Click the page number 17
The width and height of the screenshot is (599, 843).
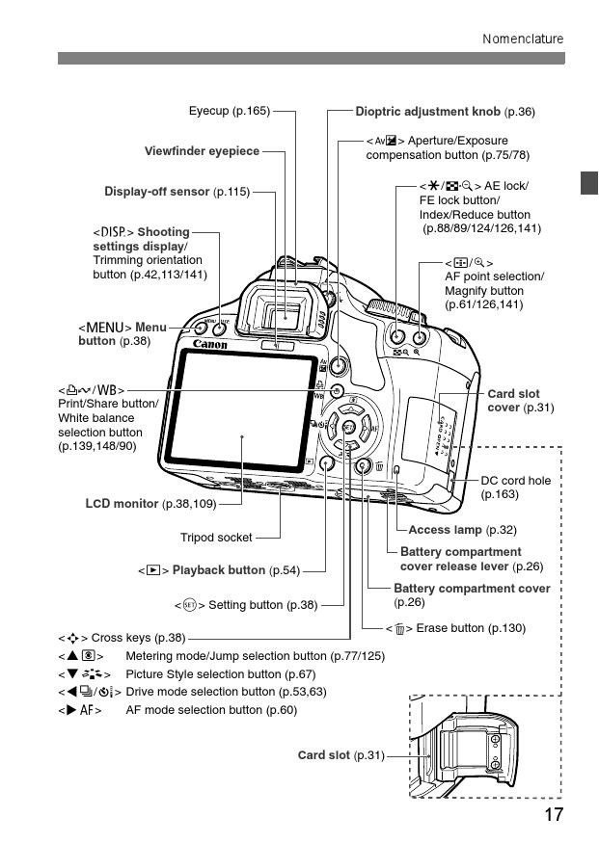(x=553, y=814)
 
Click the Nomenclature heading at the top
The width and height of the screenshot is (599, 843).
(x=523, y=39)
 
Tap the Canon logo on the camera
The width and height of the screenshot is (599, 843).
(x=210, y=344)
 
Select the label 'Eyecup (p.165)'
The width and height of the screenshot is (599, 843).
(x=229, y=112)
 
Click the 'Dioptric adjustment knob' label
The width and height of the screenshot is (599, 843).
(x=445, y=112)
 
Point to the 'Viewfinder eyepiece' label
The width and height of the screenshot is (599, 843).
(x=202, y=151)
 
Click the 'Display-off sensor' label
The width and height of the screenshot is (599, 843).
(x=177, y=191)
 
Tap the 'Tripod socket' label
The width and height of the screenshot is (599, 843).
(x=216, y=538)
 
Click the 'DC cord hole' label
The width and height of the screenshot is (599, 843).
(x=515, y=487)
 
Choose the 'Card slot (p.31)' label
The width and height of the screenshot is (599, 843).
(x=340, y=755)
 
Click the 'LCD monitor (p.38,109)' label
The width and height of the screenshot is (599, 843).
(x=150, y=503)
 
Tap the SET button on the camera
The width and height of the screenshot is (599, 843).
(x=348, y=427)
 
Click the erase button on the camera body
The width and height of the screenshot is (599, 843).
(x=363, y=467)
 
